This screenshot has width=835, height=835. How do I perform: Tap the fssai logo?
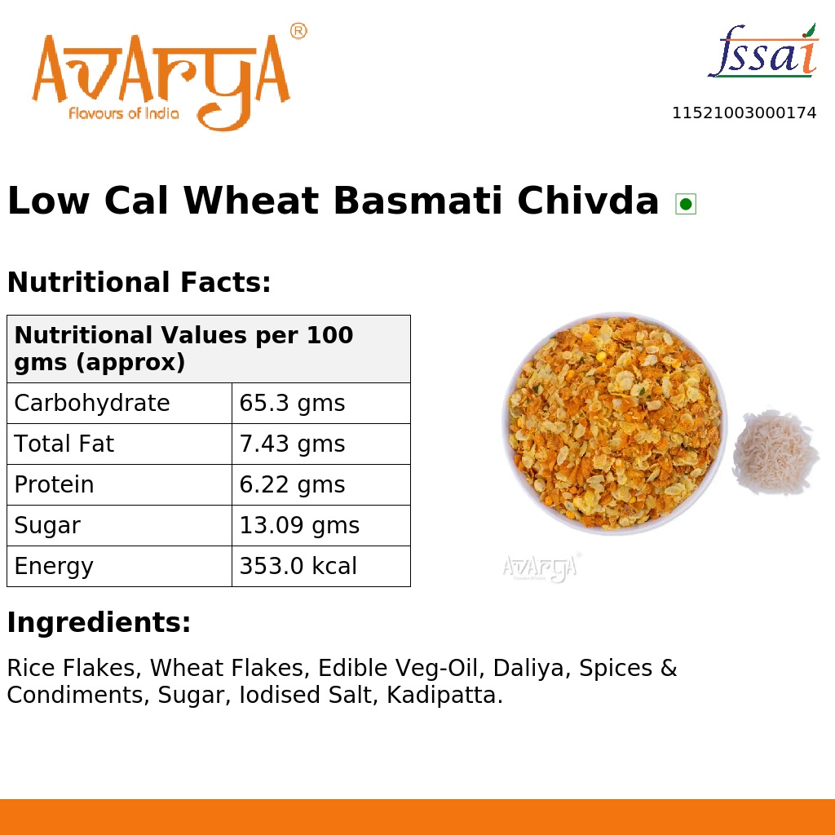(x=762, y=53)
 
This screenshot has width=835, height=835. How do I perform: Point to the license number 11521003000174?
(x=744, y=113)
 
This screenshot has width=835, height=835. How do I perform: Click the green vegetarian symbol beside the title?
(x=686, y=204)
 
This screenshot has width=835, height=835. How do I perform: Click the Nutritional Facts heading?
(x=139, y=283)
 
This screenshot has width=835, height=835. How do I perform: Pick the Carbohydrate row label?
(x=92, y=404)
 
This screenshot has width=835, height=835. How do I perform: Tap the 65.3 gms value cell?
(x=292, y=404)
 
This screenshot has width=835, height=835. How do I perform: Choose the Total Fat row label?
(x=64, y=444)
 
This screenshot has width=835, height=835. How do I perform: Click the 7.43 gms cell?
(x=292, y=444)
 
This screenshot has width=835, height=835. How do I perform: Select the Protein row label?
(x=54, y=485)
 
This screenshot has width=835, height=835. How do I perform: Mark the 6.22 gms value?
(x=292, y=485)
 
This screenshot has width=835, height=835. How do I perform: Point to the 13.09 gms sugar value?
(x=299, y=526)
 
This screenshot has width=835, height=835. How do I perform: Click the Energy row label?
(x=54, y=567)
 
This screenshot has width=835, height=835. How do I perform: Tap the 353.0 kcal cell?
(x=298, y=567)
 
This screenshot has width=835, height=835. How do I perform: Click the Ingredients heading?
(x=99, y=623)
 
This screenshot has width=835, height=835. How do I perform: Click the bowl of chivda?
(x=613, y=422)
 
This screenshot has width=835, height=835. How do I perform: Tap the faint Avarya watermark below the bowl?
(x=541, y=567)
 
